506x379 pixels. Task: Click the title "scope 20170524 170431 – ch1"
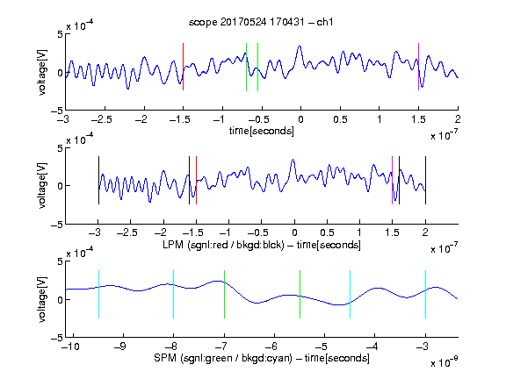tap(261, 22)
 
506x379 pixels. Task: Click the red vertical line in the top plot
tap(183, 67)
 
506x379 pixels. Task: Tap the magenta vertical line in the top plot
tap(418, 67)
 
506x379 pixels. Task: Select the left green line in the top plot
tap(246, 67)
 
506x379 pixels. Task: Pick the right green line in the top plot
tap(258, 67)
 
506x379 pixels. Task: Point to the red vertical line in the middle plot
tap(196, 180)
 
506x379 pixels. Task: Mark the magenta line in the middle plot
tap(392, 180)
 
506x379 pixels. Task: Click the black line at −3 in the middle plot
tap(98, 180)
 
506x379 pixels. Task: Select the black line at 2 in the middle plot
tap(425, 180)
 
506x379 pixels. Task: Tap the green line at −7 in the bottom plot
tap(224, 294)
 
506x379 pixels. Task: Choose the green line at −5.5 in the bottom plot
tap(300, 294)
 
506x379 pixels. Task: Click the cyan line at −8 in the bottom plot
tap(174, 294)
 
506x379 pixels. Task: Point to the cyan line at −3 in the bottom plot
tap(425, 294)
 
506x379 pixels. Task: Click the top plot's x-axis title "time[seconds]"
tap(262, 131)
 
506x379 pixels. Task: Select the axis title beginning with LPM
tap(262, 245)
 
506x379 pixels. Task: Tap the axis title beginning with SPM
tap(262, 358)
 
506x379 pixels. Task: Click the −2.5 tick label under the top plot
tap(101, 119)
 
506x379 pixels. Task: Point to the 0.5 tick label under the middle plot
tap(327, 232)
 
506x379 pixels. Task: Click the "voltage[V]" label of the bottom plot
tap(42, 299)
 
